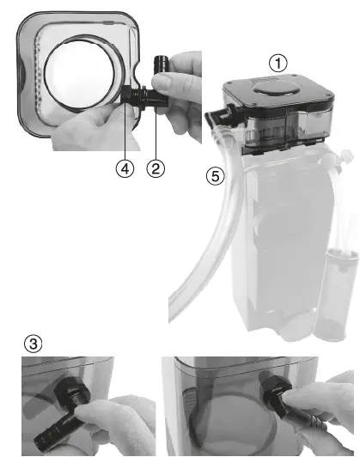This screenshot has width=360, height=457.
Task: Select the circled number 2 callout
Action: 156,169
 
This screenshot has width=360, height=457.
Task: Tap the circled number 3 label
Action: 33,344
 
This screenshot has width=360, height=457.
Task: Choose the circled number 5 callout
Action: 217,178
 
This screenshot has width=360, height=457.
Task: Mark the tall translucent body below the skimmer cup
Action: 275,241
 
